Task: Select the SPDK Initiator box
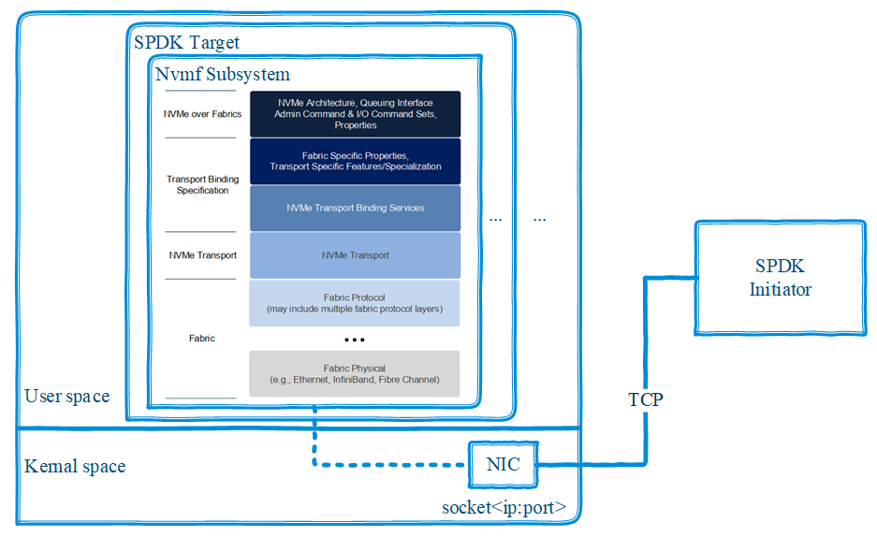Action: (780, 278)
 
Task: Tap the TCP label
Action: (645, 399)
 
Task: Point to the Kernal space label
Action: (75, 466)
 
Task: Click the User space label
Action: (66, 396)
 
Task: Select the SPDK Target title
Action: (186, 42)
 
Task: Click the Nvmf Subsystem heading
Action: (223, 75)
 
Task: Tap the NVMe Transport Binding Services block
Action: (355, 208)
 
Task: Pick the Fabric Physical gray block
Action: (355, 373)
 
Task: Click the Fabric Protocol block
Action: (355, 303)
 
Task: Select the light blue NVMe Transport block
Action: (355, 255)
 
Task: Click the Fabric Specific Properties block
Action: (355, 161)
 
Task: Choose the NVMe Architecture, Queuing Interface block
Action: (355, 113)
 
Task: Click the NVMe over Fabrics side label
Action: (202, 114)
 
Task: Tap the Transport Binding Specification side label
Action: (202, 184)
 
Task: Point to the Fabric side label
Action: (202, 339)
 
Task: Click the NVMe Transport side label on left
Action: (202, 255)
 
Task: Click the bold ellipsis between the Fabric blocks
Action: (354, 339)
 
